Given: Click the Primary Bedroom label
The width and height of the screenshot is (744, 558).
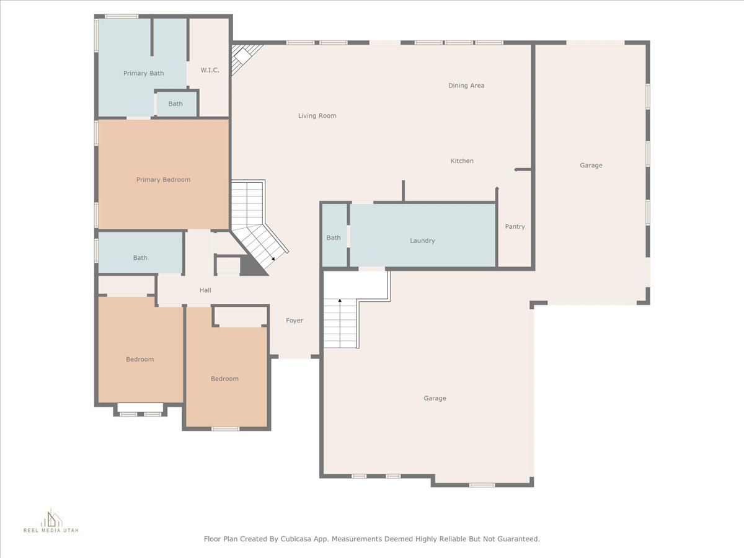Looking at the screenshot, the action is click(x=164, y=180).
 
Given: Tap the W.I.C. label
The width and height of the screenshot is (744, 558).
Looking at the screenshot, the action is click(x=210, y=70).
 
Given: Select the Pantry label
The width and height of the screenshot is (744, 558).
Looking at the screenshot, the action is click(x=515, y=226).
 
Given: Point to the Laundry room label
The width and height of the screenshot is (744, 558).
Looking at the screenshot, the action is click(x=422, y=241).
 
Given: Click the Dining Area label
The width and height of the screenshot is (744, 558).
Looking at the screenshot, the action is click(x=466, y=86).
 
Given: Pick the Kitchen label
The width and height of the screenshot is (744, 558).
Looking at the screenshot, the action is click(x=462, y=161).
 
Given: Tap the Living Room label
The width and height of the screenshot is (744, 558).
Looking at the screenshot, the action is click(x=317, y=115).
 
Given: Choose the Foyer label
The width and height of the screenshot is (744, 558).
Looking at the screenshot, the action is click(x=294, y=320).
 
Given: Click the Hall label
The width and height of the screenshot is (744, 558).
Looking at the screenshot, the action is click(x=205, y=290).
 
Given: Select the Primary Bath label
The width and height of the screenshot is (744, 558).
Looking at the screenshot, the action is click(x=143, y=73).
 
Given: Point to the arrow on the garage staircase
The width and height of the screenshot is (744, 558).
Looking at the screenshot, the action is click(x=340, y=323).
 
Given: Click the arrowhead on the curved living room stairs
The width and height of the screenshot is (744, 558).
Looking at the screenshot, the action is click(x=273, y=259).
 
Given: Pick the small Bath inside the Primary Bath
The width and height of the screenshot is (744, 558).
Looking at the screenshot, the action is click(x=175, y=104).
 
